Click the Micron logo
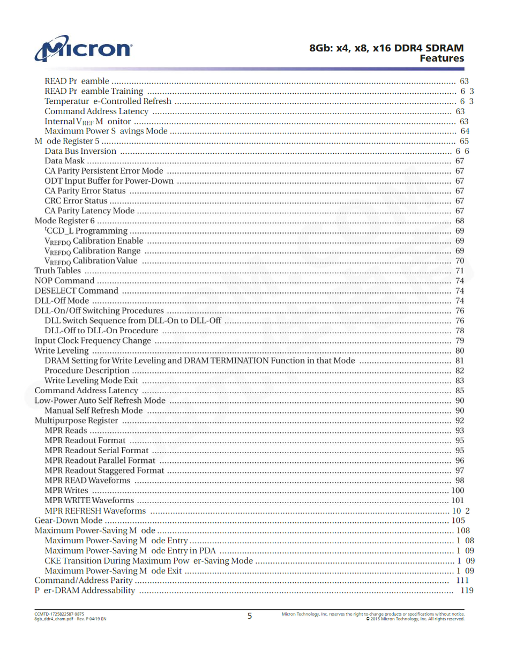coord(83,49)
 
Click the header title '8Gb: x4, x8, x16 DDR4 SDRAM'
coord(386,48)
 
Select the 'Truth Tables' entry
coord(58,271)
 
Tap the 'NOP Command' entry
coord(64,281)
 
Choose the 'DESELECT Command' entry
coord(76,291)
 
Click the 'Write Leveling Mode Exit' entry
coord(91,380)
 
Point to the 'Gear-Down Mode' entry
coord(69,520)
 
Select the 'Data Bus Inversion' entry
coord(80,151)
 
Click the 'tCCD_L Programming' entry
coord(86,231)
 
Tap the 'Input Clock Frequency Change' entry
coord(93,341)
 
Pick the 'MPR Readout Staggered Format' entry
coord(104,470)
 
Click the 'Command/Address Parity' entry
coord(84,580)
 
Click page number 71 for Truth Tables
coord(460,271)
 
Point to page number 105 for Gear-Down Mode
coord(458,520)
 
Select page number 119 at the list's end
coord(467,590)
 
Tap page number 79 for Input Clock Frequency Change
coord(460,341)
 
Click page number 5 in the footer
coord(250,616)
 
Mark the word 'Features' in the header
coord(441,58)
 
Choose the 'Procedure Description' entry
coord(87,371)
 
